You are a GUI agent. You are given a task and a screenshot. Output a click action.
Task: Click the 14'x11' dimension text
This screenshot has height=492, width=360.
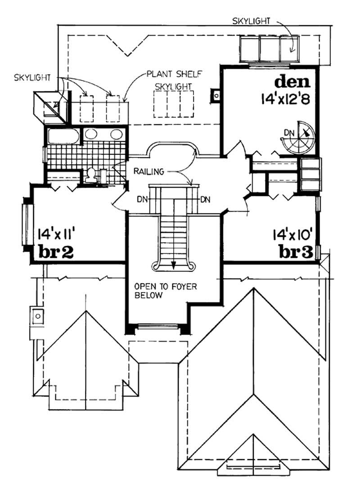(x=56, y=235)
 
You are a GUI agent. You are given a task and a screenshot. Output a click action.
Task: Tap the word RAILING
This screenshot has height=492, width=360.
(x=148, y=172)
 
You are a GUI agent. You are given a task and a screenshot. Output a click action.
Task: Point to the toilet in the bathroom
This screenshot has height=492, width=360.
(x=91, y=176)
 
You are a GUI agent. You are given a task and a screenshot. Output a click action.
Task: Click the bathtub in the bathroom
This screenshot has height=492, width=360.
(x=63, y=136)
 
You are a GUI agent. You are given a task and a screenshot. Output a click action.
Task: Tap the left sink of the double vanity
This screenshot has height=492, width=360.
(x=92, y=134)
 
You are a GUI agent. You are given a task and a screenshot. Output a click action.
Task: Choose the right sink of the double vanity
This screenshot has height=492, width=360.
(x=116, y=134)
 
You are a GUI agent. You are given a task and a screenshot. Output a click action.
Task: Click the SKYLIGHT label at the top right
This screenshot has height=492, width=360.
(x=252, y=21)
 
